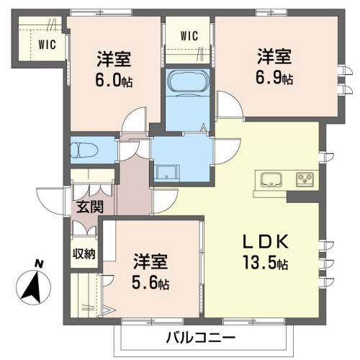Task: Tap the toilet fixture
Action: coord(81,150)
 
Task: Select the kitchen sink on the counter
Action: coord(272,179)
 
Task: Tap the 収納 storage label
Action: coord(84,253)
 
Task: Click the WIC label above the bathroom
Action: coord(189,35)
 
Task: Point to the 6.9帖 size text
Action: coord(276,77)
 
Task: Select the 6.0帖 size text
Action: coord(114,79)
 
